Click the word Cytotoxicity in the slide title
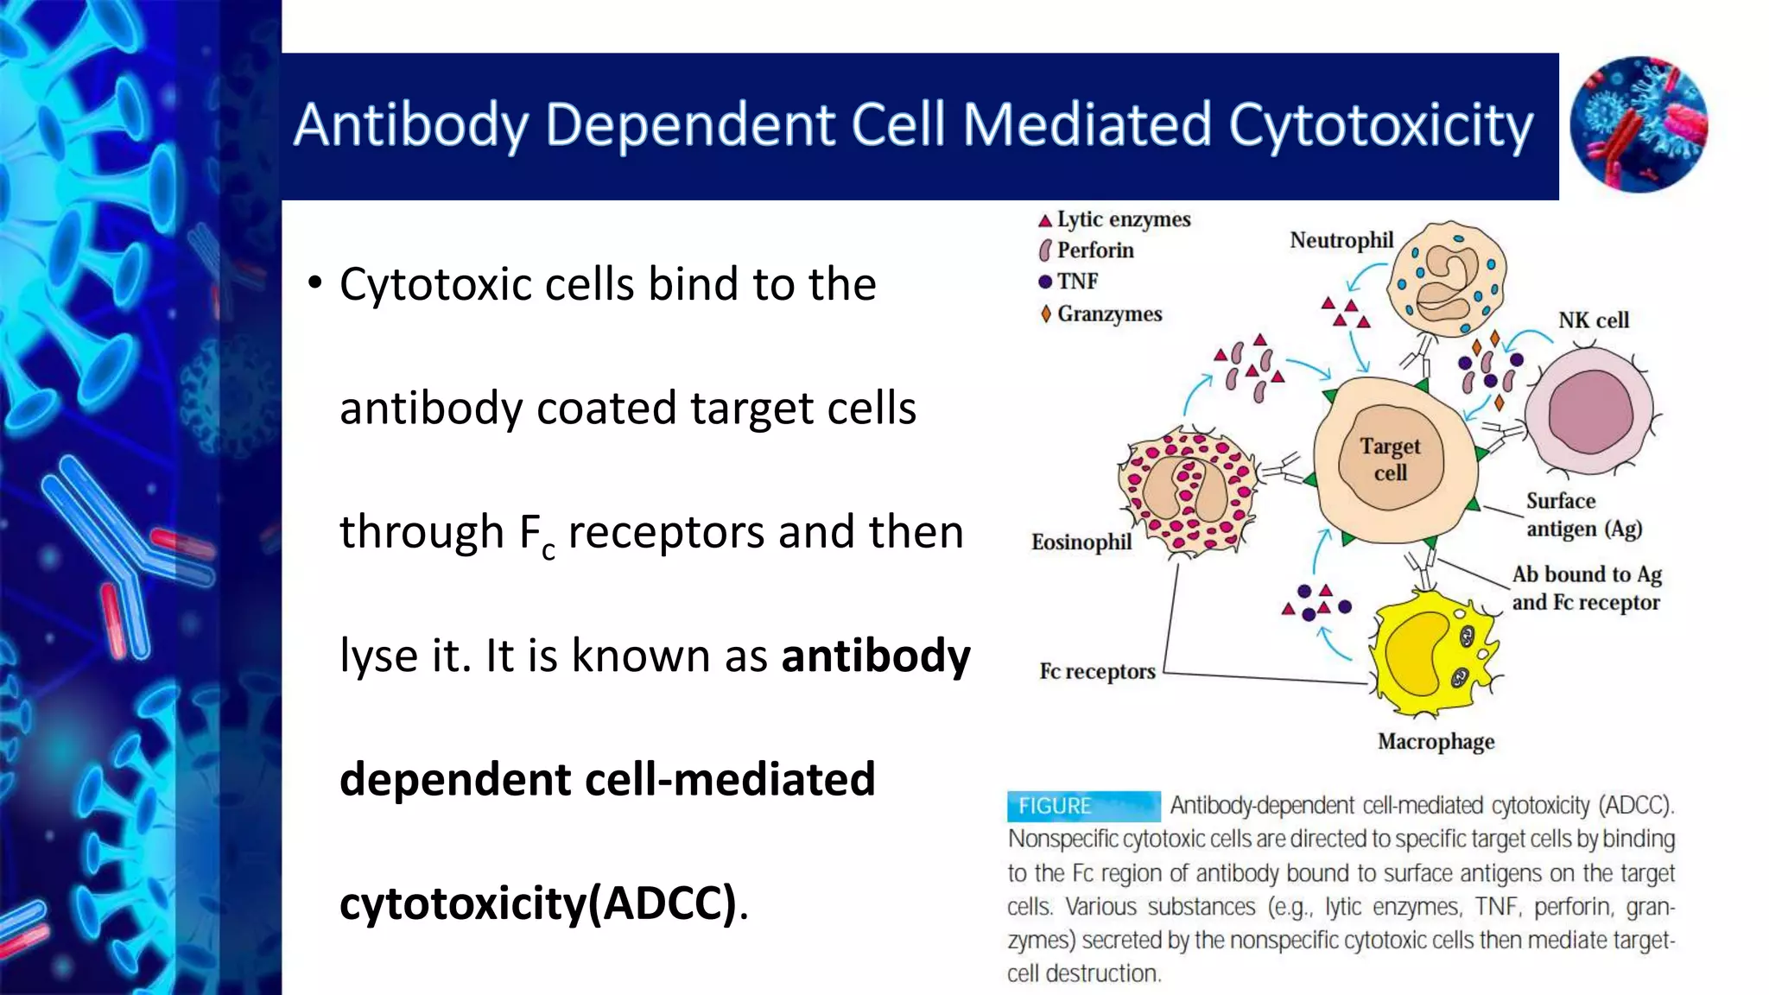[1380, 126]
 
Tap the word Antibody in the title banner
[410, 126]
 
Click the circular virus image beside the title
[1638, 124]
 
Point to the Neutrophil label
[1341, 240]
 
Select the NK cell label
[1593, 320]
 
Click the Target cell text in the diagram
[1390, 459]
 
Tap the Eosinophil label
[1081, 542]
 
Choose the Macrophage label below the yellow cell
[1436, 742]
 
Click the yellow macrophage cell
[1434, 652]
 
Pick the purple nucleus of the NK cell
[1590, 412]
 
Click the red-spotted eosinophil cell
[1187, 492]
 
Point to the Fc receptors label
[1097, 671]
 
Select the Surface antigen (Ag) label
[1582, 515]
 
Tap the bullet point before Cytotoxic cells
[315, 282]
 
